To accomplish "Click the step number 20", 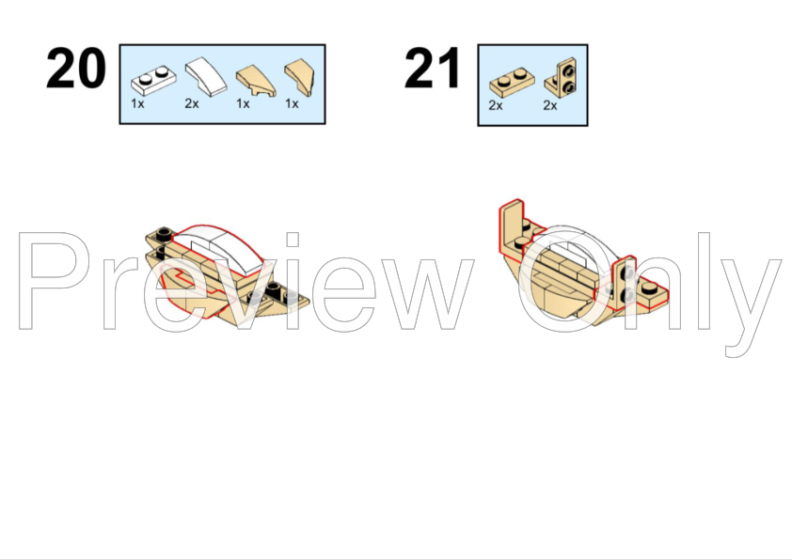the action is pos(76,68).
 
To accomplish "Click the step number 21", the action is pos(433,68).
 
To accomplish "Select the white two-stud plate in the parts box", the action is pos(153,80).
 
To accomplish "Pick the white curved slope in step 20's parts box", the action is pos(206,76).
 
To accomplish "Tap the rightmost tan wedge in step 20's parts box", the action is pos(299,78).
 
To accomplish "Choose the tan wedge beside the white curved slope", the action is pos(256,81).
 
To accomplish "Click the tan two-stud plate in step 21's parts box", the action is pos(513,83).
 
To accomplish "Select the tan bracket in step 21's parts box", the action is pos(562,77).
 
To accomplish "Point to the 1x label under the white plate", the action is pos(137,104).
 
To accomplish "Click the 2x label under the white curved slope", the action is pos(192,104).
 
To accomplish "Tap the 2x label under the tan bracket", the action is pos(550,105).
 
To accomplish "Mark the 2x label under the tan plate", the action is pos(496,105).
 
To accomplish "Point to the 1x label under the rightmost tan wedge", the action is pos(292,104).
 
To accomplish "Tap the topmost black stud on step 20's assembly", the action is pos(163,234).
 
